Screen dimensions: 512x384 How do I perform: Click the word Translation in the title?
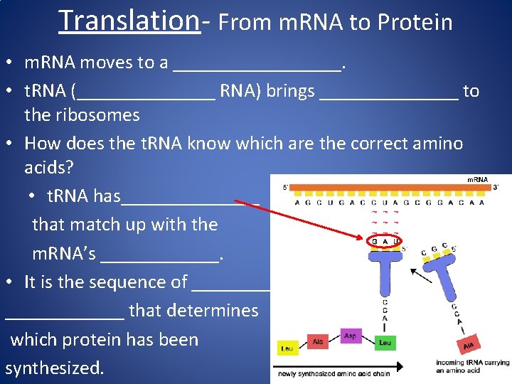pyautogui.click(x=129, y=21)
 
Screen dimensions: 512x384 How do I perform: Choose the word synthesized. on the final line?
pyautogui.click(x=54, y=368)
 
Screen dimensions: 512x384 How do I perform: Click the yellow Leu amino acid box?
pyautogui.click(x=287, y=348)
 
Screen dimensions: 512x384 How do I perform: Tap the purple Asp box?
pyautogui.click(x=350, y=335)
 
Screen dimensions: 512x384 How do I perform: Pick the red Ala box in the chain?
pyautogui.click(x=319, y=342)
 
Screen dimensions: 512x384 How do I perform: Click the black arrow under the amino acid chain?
pyautogui.click(x=341, y=368)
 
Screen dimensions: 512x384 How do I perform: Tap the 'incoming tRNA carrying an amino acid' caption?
pyautogui.click(x=472, y=367)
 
